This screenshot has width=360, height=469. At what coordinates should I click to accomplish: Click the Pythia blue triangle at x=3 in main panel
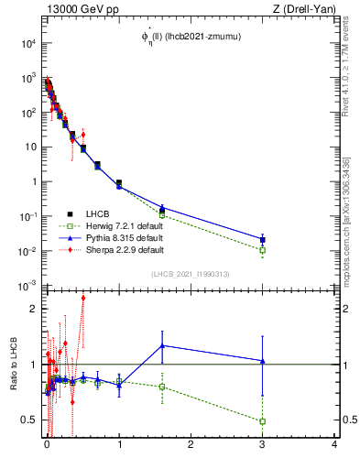[263, 240]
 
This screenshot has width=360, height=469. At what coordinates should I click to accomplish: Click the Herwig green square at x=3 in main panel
[263, 250]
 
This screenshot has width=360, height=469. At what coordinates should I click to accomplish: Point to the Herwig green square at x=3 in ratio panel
[263, 421]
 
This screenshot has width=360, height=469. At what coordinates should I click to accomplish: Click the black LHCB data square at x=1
[119, 183]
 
